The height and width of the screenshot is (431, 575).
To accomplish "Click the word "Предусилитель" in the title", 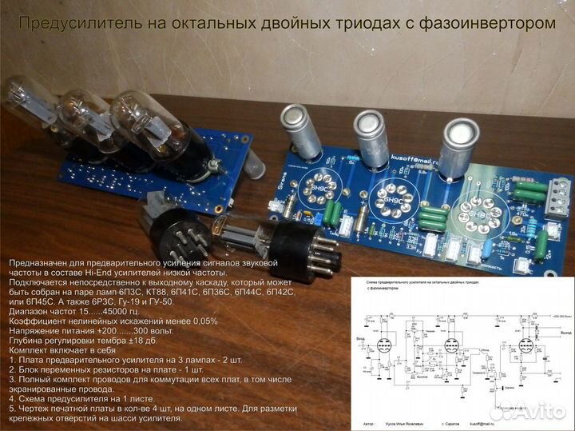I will pos(79,24).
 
